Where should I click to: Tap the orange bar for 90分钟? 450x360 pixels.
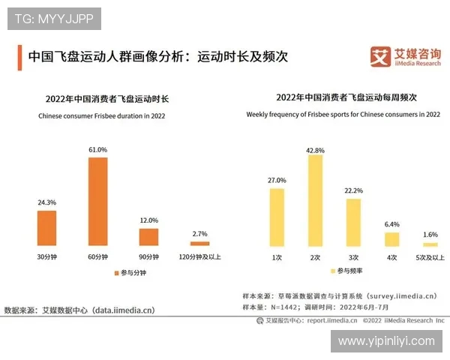(148, 237)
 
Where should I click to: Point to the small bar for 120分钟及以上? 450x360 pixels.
(199, 244)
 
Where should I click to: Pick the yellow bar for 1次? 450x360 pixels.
(277, 217)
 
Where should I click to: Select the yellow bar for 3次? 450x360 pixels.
(353, 223)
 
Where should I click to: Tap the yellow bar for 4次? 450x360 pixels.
(391, 239)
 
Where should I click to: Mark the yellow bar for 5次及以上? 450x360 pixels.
(430, 244)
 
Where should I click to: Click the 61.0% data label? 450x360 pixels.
(98, 150)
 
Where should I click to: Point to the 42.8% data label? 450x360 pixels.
(315, 150)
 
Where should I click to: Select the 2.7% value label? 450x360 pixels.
(199, 235)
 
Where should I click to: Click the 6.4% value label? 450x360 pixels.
(391, 224)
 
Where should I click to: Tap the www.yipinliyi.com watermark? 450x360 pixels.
(386, 341)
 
